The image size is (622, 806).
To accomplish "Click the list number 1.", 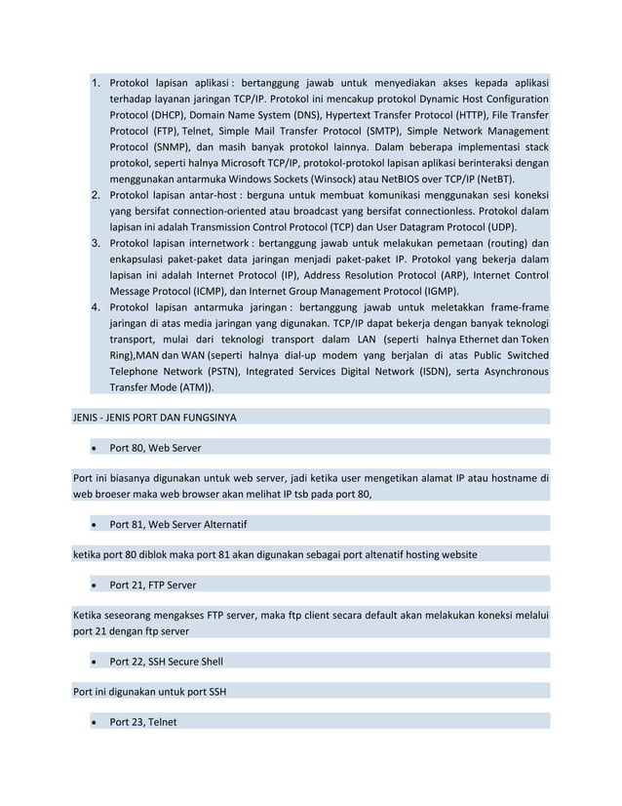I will (96, 83).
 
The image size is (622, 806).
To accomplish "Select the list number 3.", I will (96, 242).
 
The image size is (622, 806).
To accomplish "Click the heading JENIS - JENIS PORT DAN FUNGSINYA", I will (155, 418).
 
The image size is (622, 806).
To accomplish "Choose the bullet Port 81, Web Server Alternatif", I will (177, 524).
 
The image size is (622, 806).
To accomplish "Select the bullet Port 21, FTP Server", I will (153, 584).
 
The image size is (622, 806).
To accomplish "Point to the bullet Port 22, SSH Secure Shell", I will (166, 661).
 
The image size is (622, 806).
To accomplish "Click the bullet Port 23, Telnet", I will (143, 722).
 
